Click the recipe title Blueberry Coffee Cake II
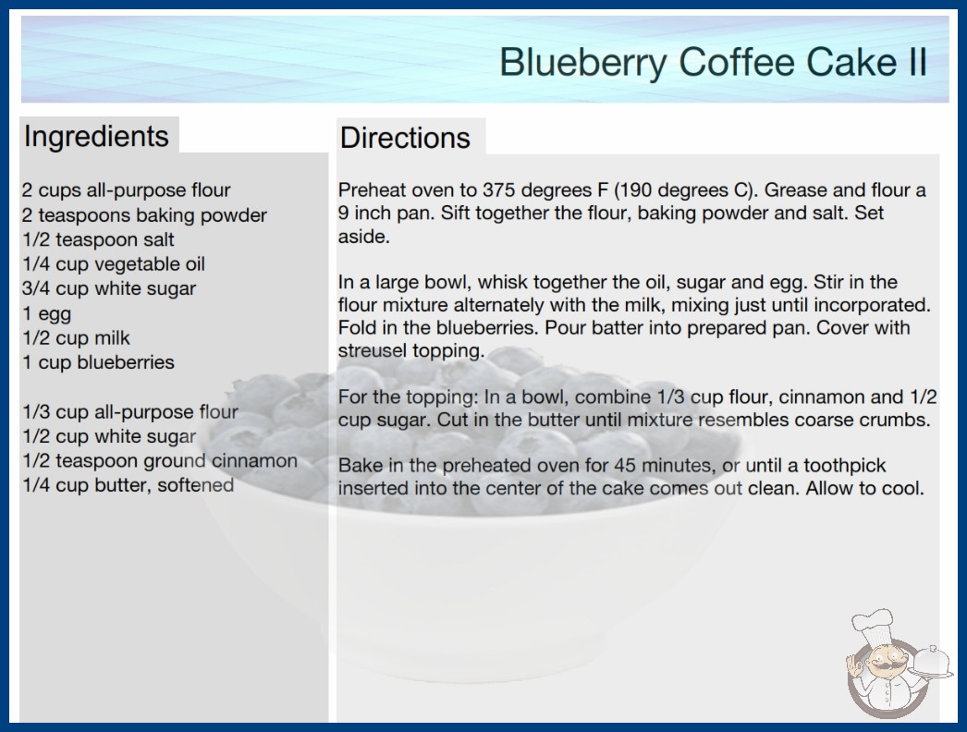tap(713, 62)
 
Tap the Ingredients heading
tap(96, 137)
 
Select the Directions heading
tap(405, 138)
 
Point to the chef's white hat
tap(872, 625)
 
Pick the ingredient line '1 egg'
tap(47, 314)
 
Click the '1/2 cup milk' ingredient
tap(77, 338)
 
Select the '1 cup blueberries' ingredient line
tap(99, 362)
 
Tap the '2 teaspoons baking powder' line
tap(144, 215)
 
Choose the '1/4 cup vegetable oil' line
tap(114, 264)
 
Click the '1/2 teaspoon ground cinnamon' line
tap(160, 460)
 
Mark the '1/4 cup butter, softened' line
tap(129, 485)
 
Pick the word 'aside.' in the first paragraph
tap(364, 237)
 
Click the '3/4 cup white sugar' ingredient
tap(109, 288)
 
